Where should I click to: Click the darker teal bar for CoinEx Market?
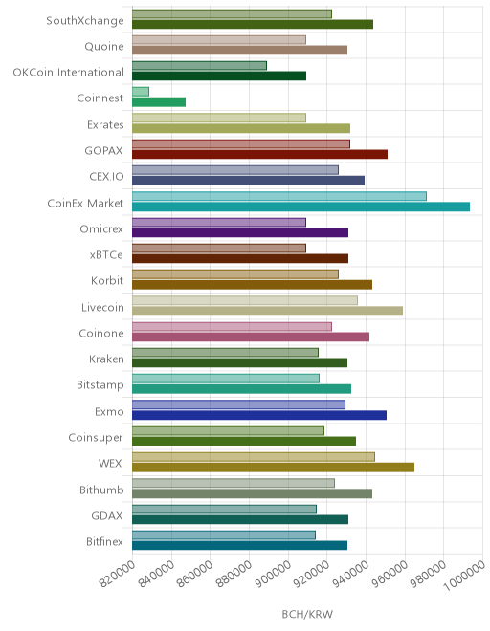pos(301,207)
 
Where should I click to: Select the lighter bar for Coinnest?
pos(141,92)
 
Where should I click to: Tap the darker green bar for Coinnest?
pos(159,102)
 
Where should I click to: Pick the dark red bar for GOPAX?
pos(260,154)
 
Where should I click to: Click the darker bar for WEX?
pos(273,468)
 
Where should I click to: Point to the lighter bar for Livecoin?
pos(245,300)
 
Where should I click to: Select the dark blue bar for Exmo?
pos(259,415)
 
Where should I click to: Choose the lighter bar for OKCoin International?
pos(199,66)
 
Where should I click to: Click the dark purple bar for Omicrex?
pos(240,232)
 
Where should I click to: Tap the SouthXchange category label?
pos(85,20)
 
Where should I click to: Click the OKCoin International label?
pos(69,73)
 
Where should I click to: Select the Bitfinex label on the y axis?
pos(104,542)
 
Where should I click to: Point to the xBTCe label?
pos(106,255)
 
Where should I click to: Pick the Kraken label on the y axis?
pos(106,359)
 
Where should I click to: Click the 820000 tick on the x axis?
pos(118,574)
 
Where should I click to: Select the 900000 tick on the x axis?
pos(273,574)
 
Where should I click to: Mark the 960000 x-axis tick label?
pos(390,574)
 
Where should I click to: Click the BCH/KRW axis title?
pos(307,614)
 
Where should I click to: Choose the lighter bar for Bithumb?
pos(234,483)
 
